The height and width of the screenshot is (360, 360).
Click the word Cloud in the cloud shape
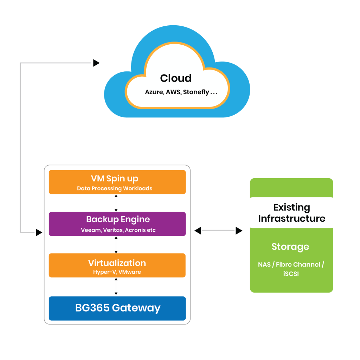tap(176, 78)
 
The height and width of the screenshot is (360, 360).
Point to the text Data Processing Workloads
tap(115, 188)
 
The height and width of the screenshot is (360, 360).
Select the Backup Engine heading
tap(118, 219)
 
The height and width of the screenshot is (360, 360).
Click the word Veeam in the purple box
tap(90, 230)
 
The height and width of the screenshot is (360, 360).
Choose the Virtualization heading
tap(117, 263)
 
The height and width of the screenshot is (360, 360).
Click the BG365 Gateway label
tap(118, 308)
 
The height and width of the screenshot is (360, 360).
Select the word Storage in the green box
tap(290, 247)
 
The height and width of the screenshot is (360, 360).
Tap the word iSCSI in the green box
tap(291, 274)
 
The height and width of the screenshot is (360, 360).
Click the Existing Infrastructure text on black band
tap(291, 213)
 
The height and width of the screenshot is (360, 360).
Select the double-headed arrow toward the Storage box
tap(219, 231)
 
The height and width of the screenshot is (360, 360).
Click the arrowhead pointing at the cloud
tap(96, 63)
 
